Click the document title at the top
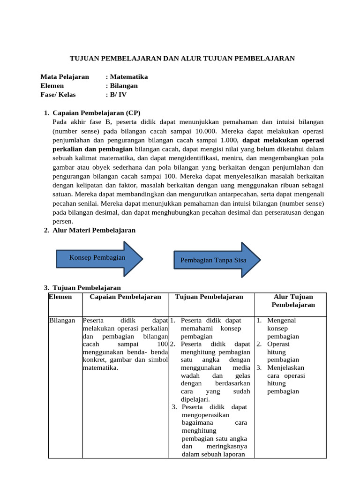tap(182, 58)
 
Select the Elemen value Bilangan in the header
tap(123, 86)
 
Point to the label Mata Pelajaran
tap(65, 77)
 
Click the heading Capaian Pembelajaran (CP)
tap(97, 113)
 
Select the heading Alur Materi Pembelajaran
tap(94, 230)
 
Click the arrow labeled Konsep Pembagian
tap(97, 258)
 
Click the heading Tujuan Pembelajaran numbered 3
tap(87, 288)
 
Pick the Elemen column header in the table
tap(60, 297)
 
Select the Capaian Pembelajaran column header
tap(125, 297)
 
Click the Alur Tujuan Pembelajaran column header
tap(293, 300)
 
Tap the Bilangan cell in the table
tap(62, 321)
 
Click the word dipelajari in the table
tap(195, 399)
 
